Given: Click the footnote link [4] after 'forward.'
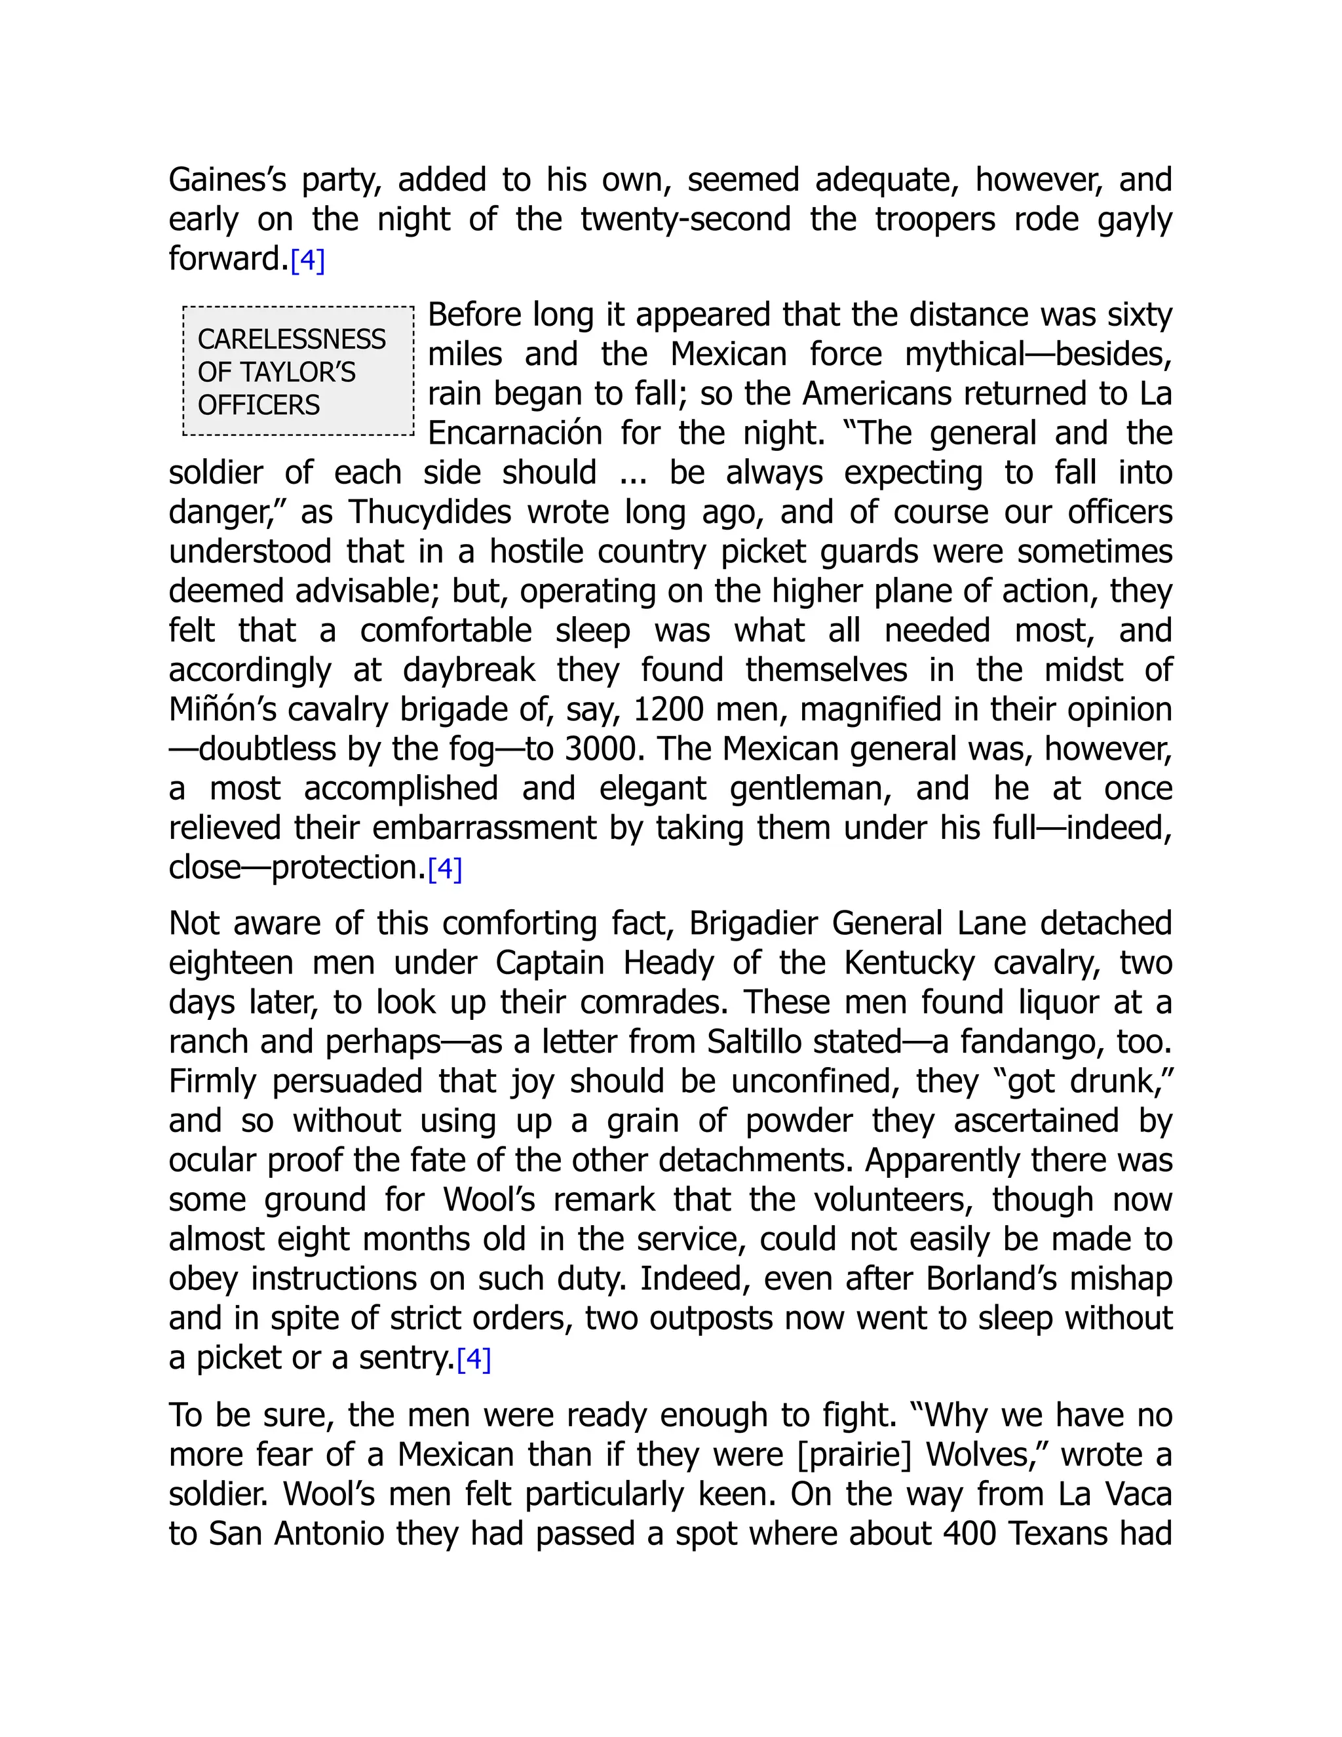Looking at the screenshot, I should [308, 261].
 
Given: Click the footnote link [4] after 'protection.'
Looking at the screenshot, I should [444, 869].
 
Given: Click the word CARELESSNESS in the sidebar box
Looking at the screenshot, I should [291, 340].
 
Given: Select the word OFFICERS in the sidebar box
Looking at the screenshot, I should [258, 406].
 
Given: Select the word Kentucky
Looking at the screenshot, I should [909, 963].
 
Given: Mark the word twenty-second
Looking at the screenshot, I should [685, 220].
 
